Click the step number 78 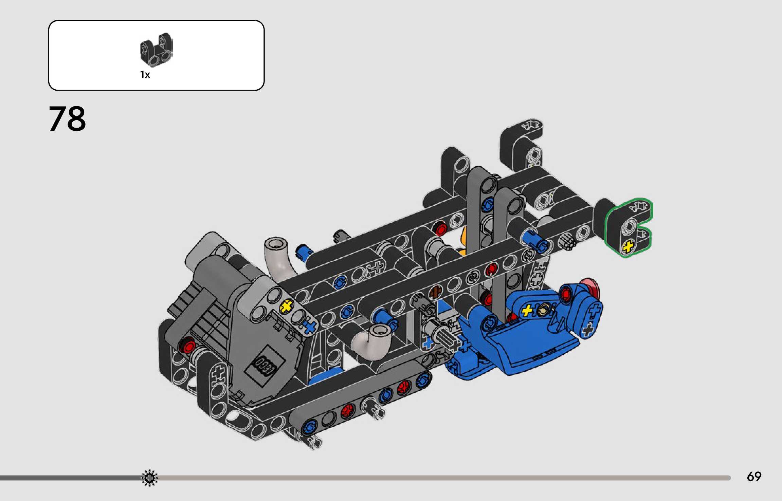tap(67, 118)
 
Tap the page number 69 tap(754, 477)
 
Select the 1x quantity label tap(145, 75)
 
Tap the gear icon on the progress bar tap(149, 478)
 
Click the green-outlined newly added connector tap(628, 227)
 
